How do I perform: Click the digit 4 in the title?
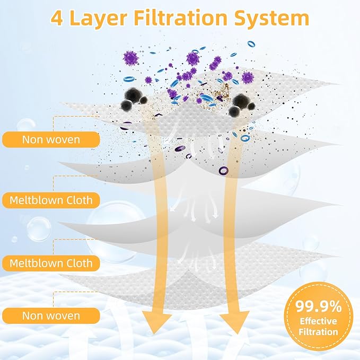coord(57,19)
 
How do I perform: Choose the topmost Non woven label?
coord(51,139)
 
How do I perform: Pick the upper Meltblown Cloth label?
coord(51,200)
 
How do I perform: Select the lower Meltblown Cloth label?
coord(51,263)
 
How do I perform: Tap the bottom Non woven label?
coord(51,316)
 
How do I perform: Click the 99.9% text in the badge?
coord(318,306)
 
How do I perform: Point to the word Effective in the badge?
coord(318,321)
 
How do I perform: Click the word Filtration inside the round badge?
coord(318,332)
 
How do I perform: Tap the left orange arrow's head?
coord(157,321)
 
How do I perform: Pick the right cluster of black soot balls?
coord(242,104)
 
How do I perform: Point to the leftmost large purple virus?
coord(130,58)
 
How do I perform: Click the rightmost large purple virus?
coord(248,78)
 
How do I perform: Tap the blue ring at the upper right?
coord(251,43)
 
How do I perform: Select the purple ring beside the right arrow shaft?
coord(223,171)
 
